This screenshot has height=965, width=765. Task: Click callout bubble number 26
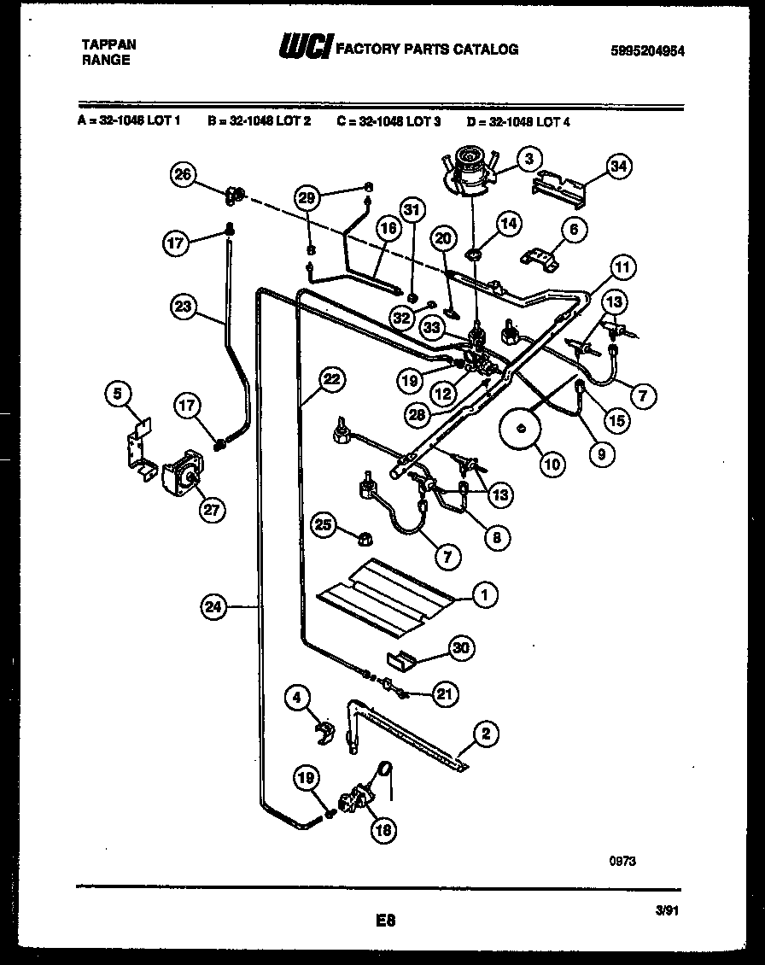pyautogui.click(x=182, y=175)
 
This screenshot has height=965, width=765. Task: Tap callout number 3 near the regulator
pyautogui.click(x=529, y=158)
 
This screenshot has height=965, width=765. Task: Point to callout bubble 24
pyautogui.click(x=213, y=607)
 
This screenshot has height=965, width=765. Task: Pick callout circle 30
pyautogui.click(x=461, y=648)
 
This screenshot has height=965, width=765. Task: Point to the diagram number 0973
pyautogui.click(x=622, y=862)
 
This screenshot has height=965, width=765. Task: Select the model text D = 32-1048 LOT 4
pyautogui.click(x=518, y=122)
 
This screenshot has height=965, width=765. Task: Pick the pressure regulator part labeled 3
pyautogui.click(x=470, y=167)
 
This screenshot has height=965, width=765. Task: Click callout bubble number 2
pyautogui.click(x=485, y=733)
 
